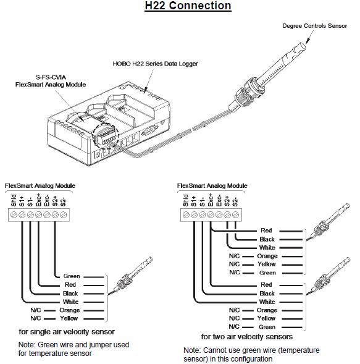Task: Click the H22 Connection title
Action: click(188, 6)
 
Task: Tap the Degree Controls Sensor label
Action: click(314, 26)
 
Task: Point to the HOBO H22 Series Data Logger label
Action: click(155, 64)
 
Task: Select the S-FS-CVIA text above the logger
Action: click(51, 77)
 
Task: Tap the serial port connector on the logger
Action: click(149, 130)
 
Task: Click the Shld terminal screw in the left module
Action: click(14, 215)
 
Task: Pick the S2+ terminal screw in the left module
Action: click(55, 215)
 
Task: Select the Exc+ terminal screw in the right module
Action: click(211, 215)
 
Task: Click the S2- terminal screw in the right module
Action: click(235, 215)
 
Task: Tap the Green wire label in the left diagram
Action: click(72, 276)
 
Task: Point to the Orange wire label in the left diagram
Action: click(70, 310)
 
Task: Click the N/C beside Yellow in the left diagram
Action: click(35, 318)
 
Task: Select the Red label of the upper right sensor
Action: click(266, 231)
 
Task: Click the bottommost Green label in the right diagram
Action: click(267, 327)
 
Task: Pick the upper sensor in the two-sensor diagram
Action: click(328, 222)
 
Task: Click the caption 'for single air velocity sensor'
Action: click(67, 332)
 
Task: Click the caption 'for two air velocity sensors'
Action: click(247, 337)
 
